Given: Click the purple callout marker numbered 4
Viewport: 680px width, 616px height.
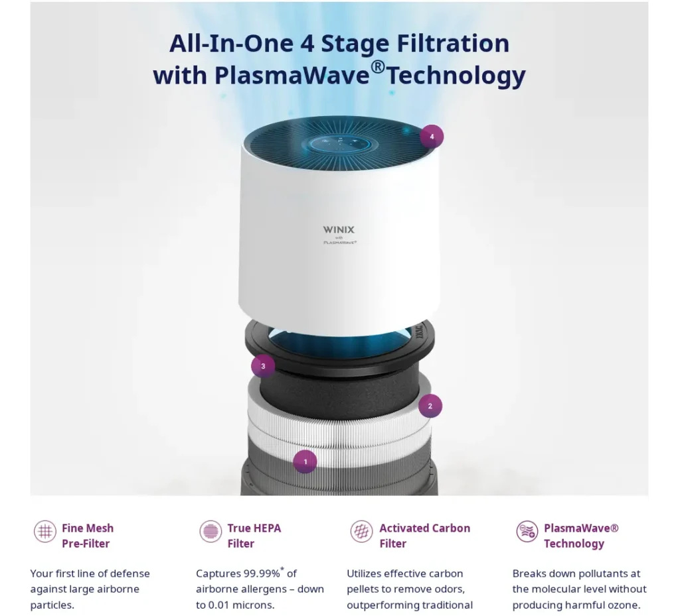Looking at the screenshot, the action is click(432, 137).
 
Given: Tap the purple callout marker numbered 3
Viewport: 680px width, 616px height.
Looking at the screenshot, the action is click(263, 366).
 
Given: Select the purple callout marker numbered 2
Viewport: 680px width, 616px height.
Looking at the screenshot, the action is click(430, 406).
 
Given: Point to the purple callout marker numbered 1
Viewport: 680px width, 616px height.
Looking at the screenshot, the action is click(305, 462).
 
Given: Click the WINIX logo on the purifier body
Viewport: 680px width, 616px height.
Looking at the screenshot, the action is click(339, 230).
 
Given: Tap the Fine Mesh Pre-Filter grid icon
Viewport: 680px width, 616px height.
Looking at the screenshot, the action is click(45, 531).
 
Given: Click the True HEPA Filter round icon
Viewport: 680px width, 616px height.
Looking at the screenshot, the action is click(211, 531).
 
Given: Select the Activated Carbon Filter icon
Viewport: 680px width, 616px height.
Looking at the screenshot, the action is click(362, 531).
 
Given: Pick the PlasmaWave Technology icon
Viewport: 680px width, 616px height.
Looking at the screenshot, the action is click(527, 531).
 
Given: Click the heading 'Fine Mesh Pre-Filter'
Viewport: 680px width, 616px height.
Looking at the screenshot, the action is click(88, 536).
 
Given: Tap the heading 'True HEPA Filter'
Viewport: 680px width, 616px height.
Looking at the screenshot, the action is click(254, 536).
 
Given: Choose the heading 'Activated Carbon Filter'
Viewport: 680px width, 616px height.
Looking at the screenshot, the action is click(424, 536).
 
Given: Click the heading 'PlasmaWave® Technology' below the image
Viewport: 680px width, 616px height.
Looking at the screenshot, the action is click(581, 536).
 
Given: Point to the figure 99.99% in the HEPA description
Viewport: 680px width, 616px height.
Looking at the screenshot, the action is click(262, 574).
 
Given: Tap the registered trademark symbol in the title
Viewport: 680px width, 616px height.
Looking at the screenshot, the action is click(378, 67).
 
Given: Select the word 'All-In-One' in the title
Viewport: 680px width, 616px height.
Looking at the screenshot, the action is click(231, 43).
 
